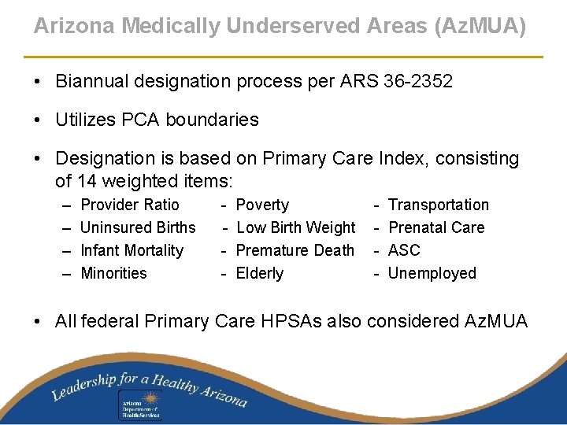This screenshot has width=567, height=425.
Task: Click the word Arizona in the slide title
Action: click(x=67, y=26)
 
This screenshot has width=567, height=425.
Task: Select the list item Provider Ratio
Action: click(x=130, y=205)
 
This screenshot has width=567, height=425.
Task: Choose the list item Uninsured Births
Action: click(x=138, y=227)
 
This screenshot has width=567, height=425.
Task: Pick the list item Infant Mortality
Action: click(x=132, y=250)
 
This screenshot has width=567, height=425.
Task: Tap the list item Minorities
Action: click(x=113, y=273)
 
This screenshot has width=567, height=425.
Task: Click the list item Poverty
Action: click(x=262, y=205)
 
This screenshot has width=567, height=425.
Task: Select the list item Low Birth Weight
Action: click(x=295, y=227)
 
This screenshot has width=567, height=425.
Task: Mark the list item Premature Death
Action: click(x=295, y=250)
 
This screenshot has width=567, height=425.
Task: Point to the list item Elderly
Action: click(x=259, y=273)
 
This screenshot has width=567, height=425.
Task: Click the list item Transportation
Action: click(x=439, y=205)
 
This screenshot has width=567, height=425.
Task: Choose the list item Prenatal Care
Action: click(x=436, y=227)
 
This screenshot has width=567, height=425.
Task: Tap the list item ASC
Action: click(x=405, y=250)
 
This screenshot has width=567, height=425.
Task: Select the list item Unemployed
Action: click(x=432, y=273)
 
